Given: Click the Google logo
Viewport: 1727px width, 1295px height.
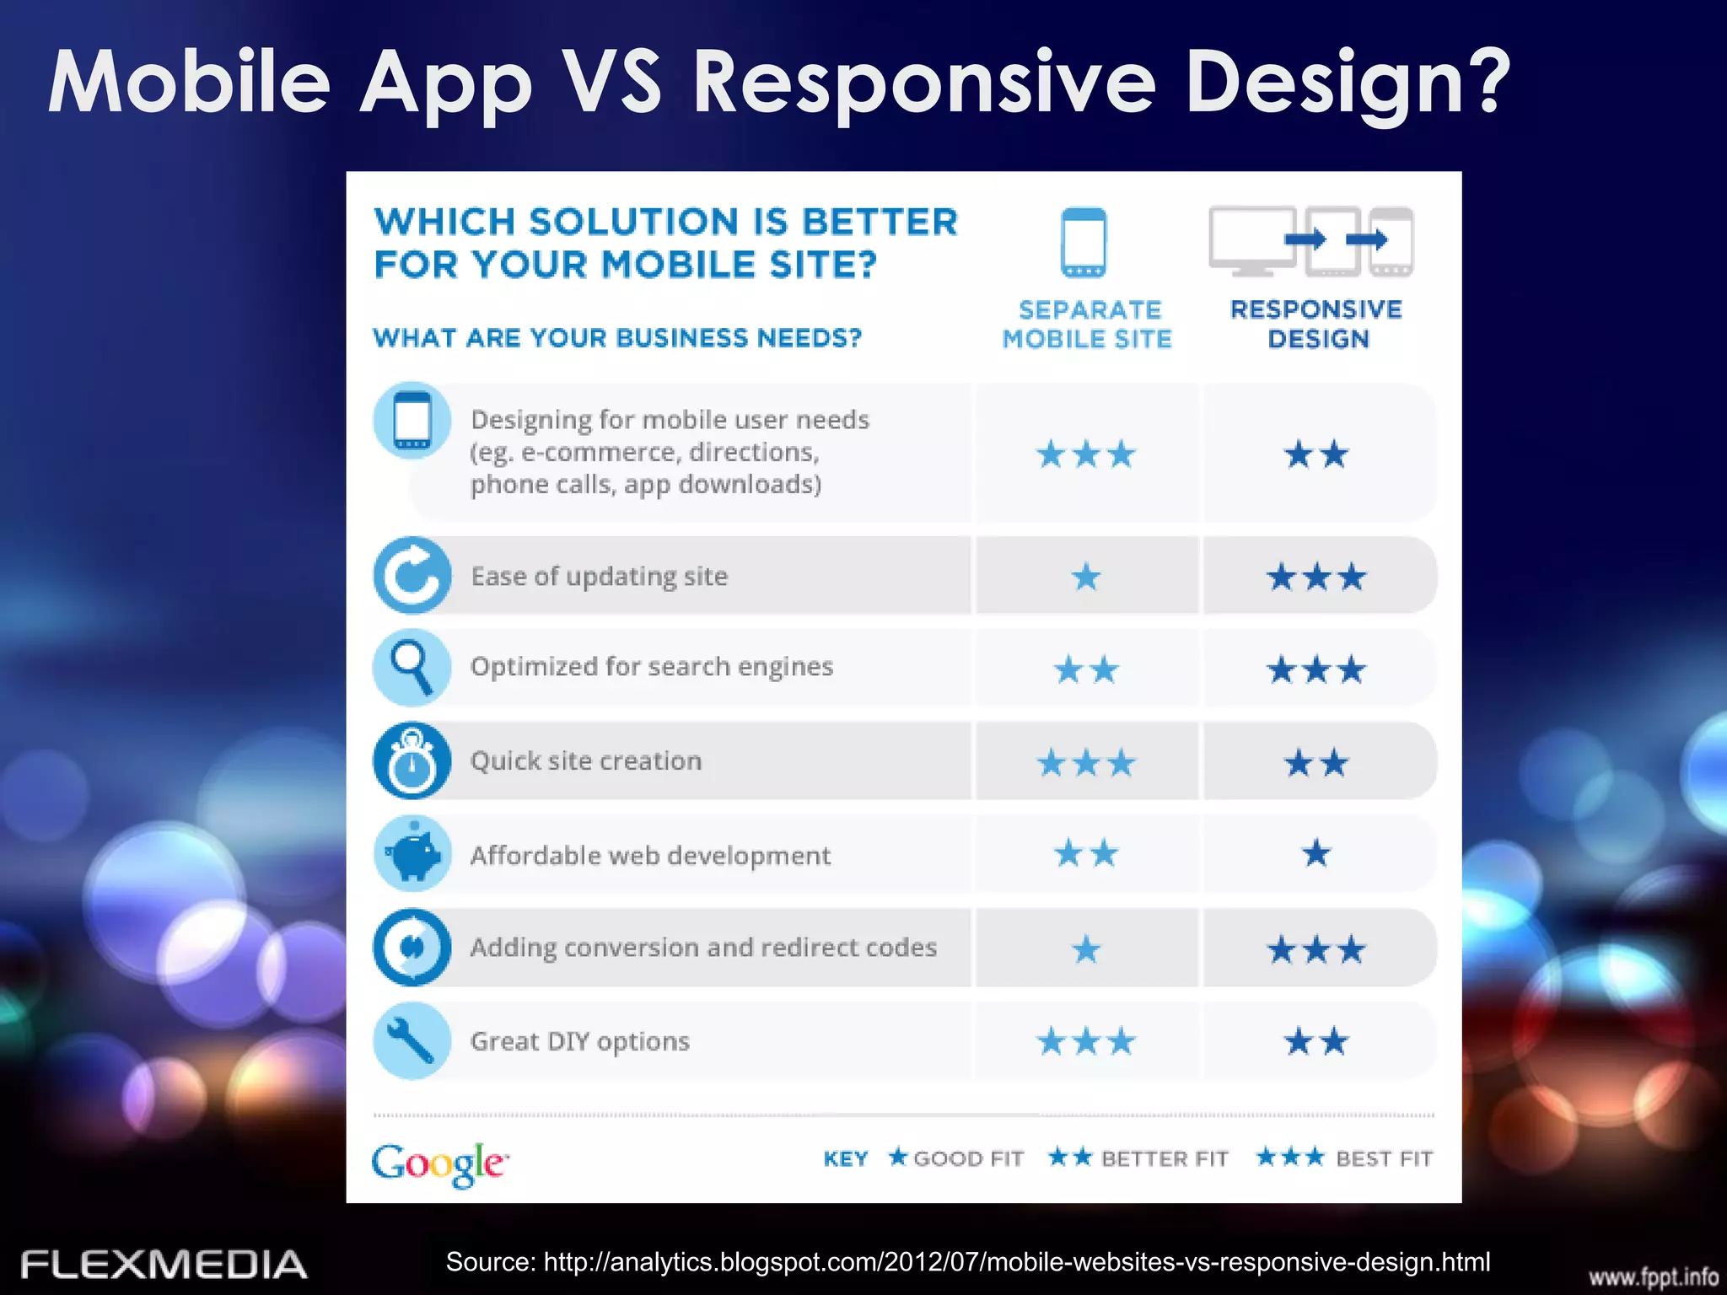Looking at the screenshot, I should point(439,1163).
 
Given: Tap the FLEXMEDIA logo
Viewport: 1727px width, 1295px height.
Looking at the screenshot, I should point(164,1265).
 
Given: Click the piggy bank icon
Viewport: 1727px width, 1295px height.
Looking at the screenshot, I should point(412,855).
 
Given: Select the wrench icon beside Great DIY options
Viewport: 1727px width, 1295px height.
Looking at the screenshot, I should point(412,1040).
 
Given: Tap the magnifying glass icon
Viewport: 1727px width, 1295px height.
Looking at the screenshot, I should point(412,667).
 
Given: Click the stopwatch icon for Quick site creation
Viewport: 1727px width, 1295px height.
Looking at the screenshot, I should point(412,760).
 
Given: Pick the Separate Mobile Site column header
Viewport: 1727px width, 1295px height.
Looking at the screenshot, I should point(1088,325).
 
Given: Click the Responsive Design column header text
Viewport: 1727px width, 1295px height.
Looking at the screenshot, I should point(1316,325).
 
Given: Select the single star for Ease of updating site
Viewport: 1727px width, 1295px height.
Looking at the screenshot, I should point(1086,578).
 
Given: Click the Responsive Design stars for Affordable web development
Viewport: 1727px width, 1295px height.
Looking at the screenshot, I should point(1316,854).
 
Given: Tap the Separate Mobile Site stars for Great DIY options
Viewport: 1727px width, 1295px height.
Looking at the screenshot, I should point(1086,1042).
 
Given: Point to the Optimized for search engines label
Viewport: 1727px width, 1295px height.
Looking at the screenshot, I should point(651,667).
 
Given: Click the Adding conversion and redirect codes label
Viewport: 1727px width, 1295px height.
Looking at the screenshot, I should point(703,948).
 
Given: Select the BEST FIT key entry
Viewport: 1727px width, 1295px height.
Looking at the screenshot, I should point(1344,1158).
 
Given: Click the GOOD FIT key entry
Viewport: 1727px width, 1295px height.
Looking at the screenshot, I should point(956,1158).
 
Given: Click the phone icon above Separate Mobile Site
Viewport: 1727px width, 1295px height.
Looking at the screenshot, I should point(1084,243).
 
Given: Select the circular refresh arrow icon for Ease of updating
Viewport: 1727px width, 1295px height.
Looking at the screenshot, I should point(412,576).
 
